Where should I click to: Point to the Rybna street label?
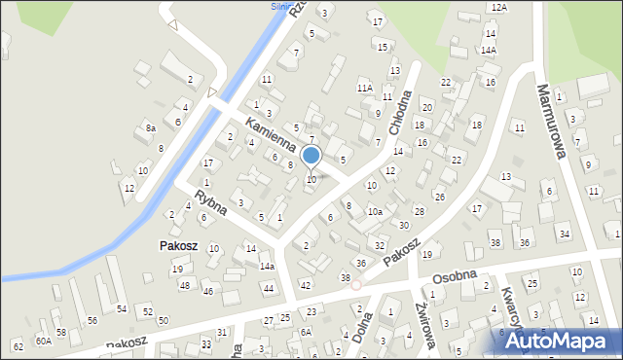click(210, 200)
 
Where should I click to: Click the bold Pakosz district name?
click(179, 246)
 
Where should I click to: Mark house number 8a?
click(151, 127)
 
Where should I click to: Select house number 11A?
click(364, 88)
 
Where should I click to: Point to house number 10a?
click(375, 211)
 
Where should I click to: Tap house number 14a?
click(267, 266)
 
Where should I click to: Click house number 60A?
click(44, 341)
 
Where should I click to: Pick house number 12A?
click(499, 7)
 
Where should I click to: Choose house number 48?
click(184, 285)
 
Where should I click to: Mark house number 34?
click(564, 234)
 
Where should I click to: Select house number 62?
click(18, 346)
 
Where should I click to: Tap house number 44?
click(268, 288)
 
